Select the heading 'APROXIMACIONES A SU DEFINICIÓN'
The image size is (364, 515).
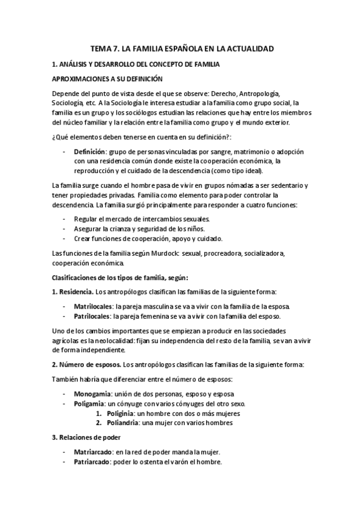(108, 79)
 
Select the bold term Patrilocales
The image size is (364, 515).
(92, 316)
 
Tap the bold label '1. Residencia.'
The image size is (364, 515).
(72, 290)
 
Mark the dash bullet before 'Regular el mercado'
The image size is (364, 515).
(64, 219)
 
